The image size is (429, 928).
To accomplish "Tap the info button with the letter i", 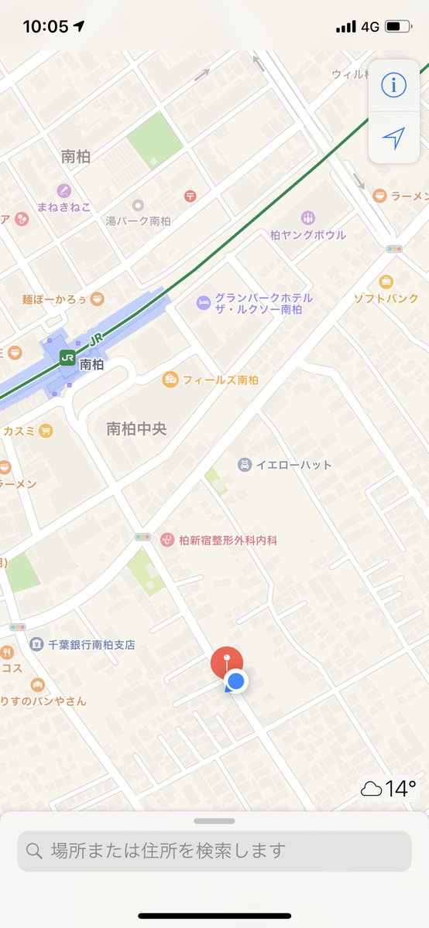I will [x=393, y=85].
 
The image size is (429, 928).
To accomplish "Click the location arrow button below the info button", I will [x=393, y=138].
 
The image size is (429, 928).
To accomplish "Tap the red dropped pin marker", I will [x=226, y=663].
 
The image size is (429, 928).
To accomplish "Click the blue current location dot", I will [x=237, y=681].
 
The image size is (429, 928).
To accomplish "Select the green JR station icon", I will [x=67, y=358].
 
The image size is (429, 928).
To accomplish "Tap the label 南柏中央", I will [x=136, y=428].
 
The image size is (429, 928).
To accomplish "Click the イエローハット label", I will [x=293, y=465].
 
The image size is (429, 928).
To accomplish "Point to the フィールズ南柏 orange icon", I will [x=170, y=380].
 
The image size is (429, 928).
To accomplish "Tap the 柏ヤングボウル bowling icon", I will [x=308, y=218].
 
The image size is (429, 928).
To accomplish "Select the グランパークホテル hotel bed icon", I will [x=203, y=302].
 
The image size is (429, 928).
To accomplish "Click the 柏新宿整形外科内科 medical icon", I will [x=166, y=540].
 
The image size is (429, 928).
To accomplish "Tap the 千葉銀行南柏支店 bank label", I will [x=91, y=644].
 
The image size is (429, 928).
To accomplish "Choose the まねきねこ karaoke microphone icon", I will [x=63, y=190].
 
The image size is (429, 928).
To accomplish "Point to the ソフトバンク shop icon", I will [x=386, y=281].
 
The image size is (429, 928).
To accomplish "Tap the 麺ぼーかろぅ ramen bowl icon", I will [x=97, y=299].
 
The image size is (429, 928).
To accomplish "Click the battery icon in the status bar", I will [x=397, y=26].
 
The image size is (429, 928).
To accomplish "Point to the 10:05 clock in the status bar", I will [x=46, y=26].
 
